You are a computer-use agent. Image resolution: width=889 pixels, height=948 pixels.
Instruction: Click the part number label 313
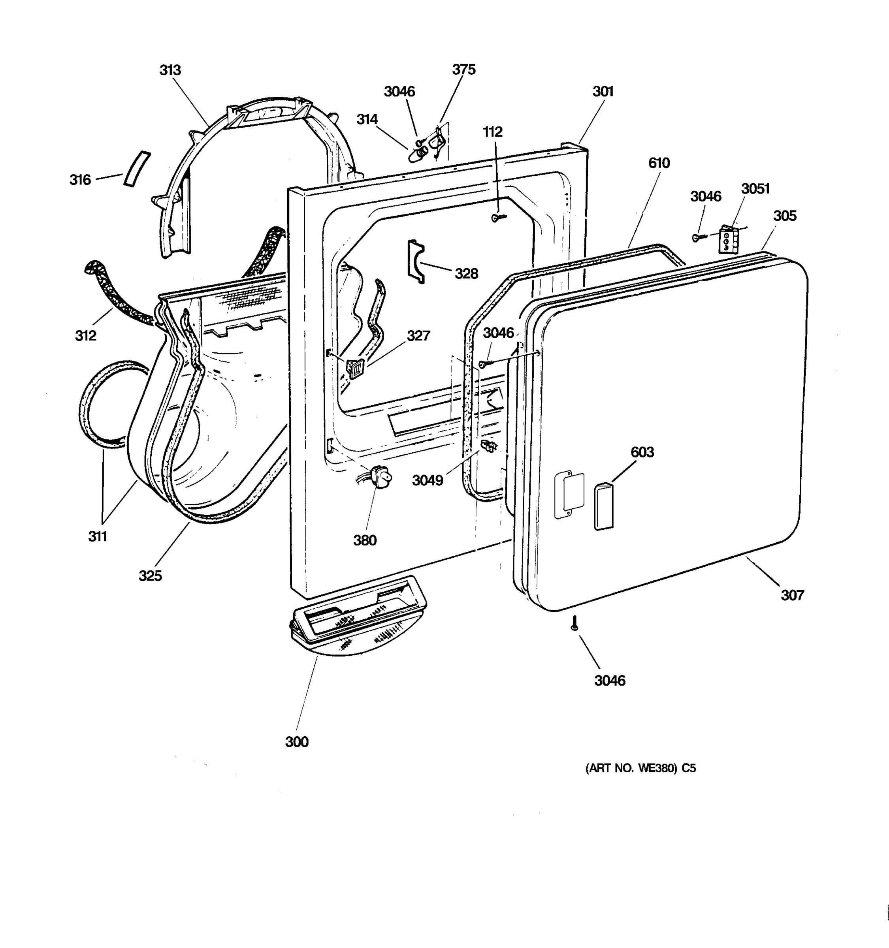point(170,70)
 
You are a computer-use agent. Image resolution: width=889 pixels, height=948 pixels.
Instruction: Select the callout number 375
point(463,70)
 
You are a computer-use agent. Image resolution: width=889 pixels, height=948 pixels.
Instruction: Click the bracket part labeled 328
point(414,261)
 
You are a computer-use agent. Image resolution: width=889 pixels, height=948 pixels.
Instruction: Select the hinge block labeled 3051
point(728,240)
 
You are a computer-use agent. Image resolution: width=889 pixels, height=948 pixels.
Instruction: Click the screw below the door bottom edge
point(575,623)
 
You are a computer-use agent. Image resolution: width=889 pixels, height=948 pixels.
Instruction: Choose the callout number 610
point(659,163)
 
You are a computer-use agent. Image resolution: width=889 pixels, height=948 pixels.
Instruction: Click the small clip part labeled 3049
point(489,447)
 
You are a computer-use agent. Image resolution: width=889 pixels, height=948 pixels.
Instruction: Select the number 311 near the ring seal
point(97,536)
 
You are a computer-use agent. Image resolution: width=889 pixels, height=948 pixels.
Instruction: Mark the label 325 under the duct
point(150,576)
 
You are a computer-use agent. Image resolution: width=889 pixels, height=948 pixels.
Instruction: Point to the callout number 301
point(603,91)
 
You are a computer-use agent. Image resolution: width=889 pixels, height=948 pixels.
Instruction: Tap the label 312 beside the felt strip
point(85,336)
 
